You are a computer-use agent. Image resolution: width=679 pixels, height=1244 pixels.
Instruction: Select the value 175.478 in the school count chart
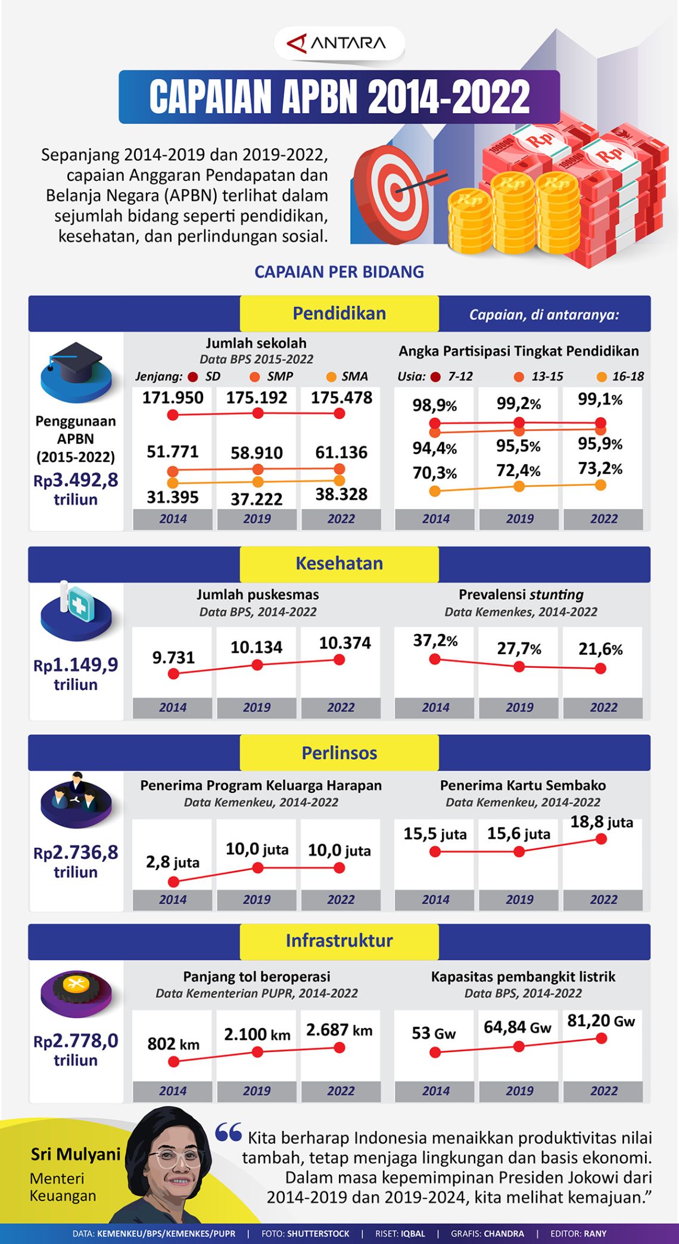(341, 398)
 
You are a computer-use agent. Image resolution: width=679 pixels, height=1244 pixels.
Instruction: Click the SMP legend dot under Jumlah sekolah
(255, 377)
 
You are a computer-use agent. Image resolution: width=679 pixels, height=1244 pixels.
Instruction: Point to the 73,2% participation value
(600, 468)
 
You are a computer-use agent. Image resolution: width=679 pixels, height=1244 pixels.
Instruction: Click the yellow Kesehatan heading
(339, 564)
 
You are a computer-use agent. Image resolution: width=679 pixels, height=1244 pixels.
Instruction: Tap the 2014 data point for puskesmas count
(173, 674)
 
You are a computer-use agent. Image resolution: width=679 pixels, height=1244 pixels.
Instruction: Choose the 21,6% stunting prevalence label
(600, 648)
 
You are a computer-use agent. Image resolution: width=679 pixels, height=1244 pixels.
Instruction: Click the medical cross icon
(78, 606)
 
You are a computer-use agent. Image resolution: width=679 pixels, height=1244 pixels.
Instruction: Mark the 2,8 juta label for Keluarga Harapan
(173, 862)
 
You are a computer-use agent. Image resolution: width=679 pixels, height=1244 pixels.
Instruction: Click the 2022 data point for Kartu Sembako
(601, 839)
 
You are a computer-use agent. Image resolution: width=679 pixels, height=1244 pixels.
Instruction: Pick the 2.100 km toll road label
(257, 1034)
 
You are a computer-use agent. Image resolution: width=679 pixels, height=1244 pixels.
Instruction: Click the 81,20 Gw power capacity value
(600, 1021)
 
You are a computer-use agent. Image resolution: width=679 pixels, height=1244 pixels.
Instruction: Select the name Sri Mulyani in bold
(76, 1154)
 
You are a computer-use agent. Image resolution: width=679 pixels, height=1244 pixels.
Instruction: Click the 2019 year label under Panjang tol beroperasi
(257, 1090)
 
